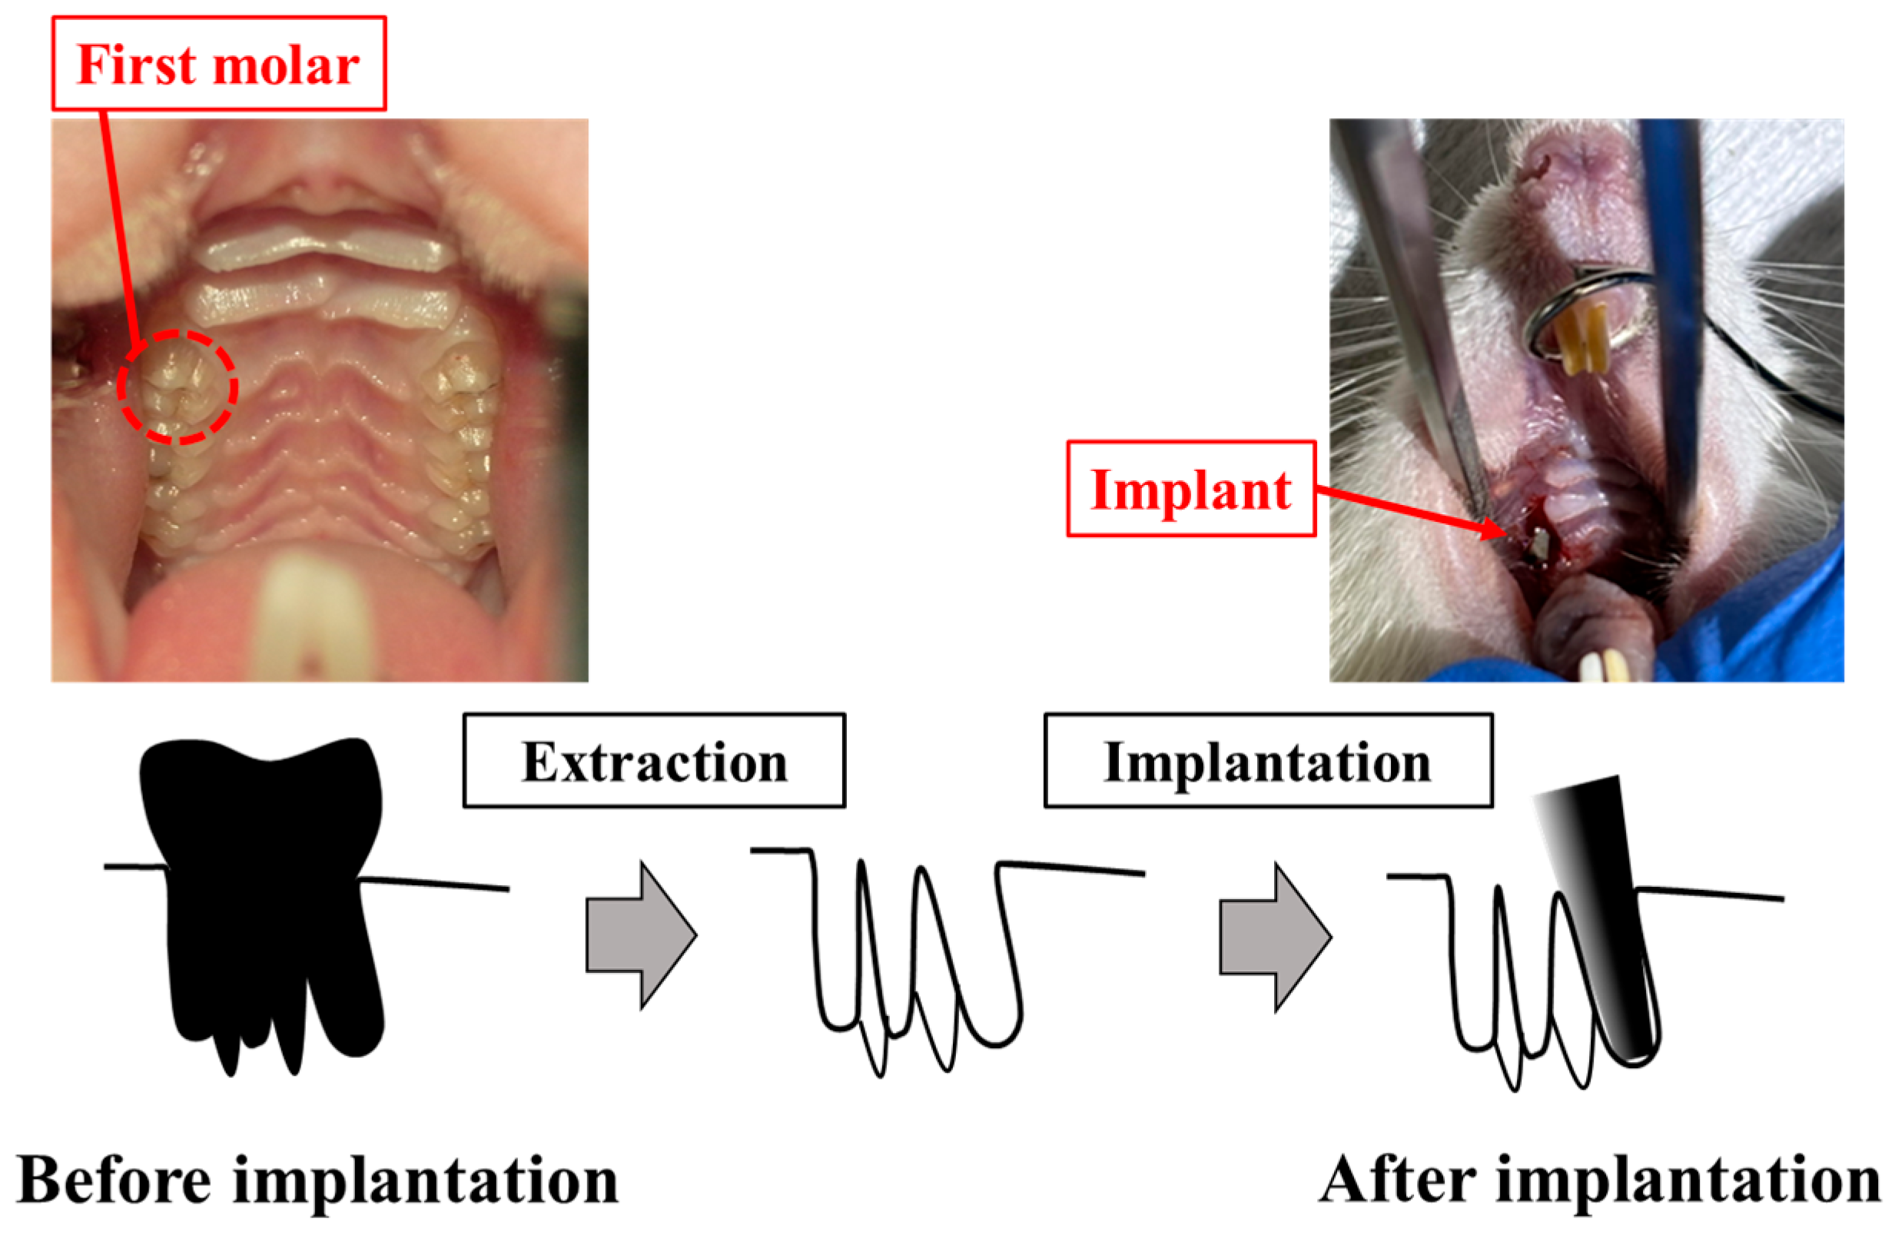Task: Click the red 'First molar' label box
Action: click(x=219, y=64)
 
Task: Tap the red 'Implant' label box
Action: click(x=1190, y=489)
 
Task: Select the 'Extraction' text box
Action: click(x=654, y=762)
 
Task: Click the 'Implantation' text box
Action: click(x=1268, y=762)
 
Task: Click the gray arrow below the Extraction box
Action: click(x=641, y=935)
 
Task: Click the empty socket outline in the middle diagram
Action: click(x=916, y=955)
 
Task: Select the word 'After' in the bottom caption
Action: click(x=1397, y=1182)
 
